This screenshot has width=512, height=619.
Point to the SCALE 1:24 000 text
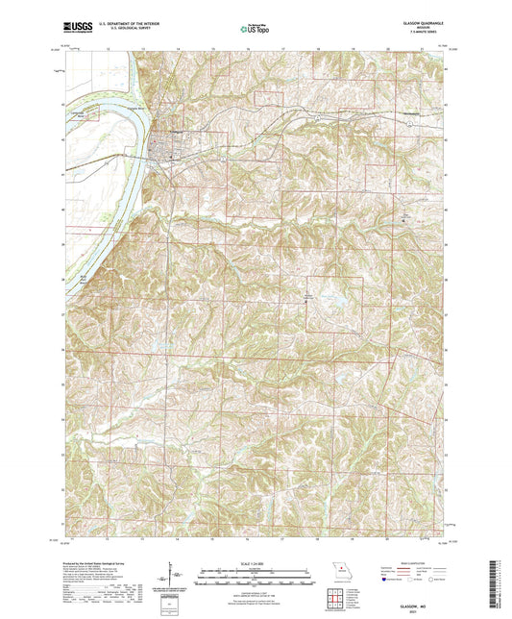point(256,563)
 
